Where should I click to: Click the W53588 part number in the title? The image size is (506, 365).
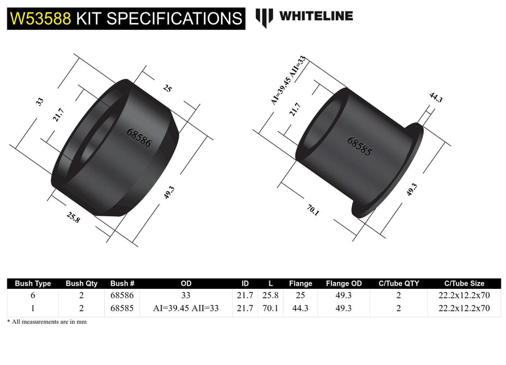click(x=41, y=19)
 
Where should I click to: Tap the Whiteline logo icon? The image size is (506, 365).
click(x=264, y=17)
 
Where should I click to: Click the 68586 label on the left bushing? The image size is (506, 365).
click(x=139, y=137)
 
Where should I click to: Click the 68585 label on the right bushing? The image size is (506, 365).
click(x=360, y=147)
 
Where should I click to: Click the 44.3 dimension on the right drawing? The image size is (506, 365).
click(x=436, y=98)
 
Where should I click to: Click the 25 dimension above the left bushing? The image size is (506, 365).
click(x=167, y=89)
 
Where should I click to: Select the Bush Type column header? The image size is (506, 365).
click(x=33, y=284)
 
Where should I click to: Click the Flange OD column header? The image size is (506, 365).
click(x=343, y=284)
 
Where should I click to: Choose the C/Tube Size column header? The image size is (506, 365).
click(x=464, y=284)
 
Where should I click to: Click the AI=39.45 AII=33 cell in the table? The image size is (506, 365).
click(x=186, y=308)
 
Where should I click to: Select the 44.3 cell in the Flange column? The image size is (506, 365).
click(x=300, y=308)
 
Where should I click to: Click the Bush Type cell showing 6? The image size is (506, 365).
click(x=33, y=295)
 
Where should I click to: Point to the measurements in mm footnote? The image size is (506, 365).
click(x=47, y=322)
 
